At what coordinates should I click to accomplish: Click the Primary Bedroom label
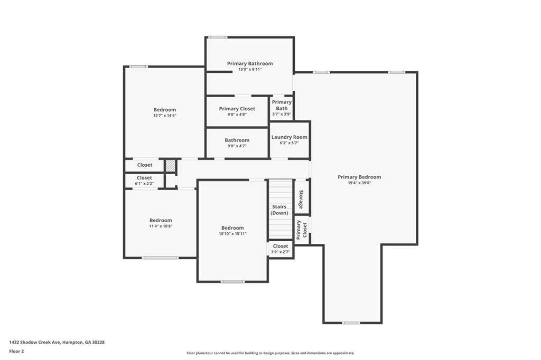pos(359,177)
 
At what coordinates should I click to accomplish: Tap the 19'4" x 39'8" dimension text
pos(359,183)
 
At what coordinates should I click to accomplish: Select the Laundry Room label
pos(289,137)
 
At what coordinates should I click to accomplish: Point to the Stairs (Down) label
pos(279,210)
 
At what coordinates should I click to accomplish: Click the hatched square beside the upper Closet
pos(171,166)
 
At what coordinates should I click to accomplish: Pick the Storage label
pos(301,200)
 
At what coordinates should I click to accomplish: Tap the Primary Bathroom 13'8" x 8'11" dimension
pos(250,69)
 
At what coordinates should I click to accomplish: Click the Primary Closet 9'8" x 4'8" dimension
pos(237,115)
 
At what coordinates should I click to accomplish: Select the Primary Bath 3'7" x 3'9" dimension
pos(282,114)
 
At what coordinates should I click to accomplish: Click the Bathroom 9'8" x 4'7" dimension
pos(237,146)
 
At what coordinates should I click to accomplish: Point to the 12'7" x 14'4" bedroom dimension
pos(165,116)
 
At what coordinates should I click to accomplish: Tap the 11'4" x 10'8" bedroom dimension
pos(161,226)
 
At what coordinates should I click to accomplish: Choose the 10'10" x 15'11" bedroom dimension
pos(232,234)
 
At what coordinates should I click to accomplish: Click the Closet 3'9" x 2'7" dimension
pos(280,252)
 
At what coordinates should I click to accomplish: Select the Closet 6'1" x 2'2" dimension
pos(144,184)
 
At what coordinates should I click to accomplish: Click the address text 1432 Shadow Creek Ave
pos(35,343)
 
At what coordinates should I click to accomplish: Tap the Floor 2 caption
pos(16,352)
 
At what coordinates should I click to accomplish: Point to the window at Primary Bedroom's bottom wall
pos(351,323)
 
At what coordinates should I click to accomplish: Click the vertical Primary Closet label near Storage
pos(302,230)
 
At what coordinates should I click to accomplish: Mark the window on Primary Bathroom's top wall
pos(218,37)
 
